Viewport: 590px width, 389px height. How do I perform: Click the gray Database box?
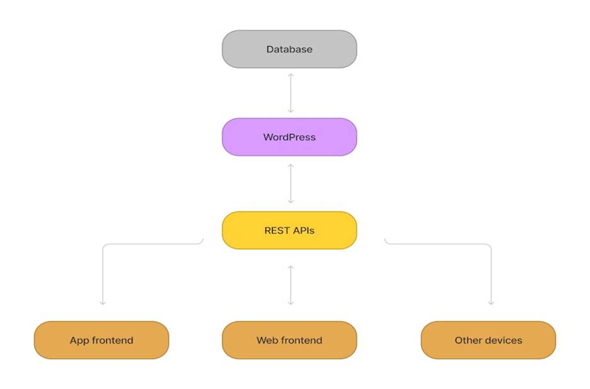[x=289, y=49]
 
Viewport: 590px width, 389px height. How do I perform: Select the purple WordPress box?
[x=289, y=137]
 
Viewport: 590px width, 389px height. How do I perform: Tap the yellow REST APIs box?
[x=289, y=230]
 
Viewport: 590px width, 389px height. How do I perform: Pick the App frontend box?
[x=101, y=340]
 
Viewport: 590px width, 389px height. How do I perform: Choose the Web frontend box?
[x=289, y=340]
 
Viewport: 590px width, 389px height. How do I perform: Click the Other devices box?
[x=489, y=340]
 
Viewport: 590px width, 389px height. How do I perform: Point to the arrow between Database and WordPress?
[x=291, y=93]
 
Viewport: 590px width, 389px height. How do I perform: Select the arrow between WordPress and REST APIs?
[x=291, y=183]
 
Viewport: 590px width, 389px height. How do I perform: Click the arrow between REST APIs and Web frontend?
[x=291, y=285]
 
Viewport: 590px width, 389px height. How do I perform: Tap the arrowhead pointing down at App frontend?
[x=103, y=303]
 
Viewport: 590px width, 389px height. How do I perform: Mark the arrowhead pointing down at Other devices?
[x=491, y=303]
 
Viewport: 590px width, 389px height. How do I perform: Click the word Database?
[x=289, y=49]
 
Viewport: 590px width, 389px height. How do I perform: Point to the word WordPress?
[x=289, y=137]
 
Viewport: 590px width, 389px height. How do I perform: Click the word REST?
[x=277, y=230]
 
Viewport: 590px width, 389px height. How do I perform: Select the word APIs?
[x=303, y=230]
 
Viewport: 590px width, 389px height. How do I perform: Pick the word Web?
[x=267, y=340]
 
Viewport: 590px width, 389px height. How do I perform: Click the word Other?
[x=466, y=340]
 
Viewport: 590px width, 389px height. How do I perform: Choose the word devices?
[x=502, y=340]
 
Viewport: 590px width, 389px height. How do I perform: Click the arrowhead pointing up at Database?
[x=291, y=76]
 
